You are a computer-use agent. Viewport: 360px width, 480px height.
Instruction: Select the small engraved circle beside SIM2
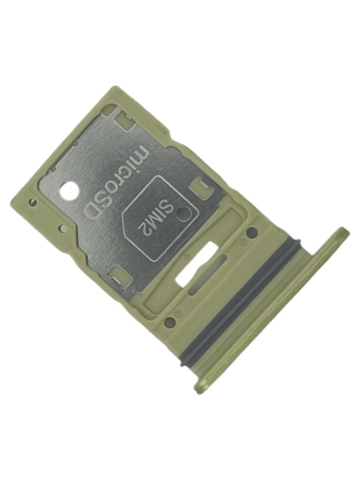(183, 212)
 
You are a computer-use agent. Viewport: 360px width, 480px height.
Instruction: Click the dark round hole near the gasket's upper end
(251, 231)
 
